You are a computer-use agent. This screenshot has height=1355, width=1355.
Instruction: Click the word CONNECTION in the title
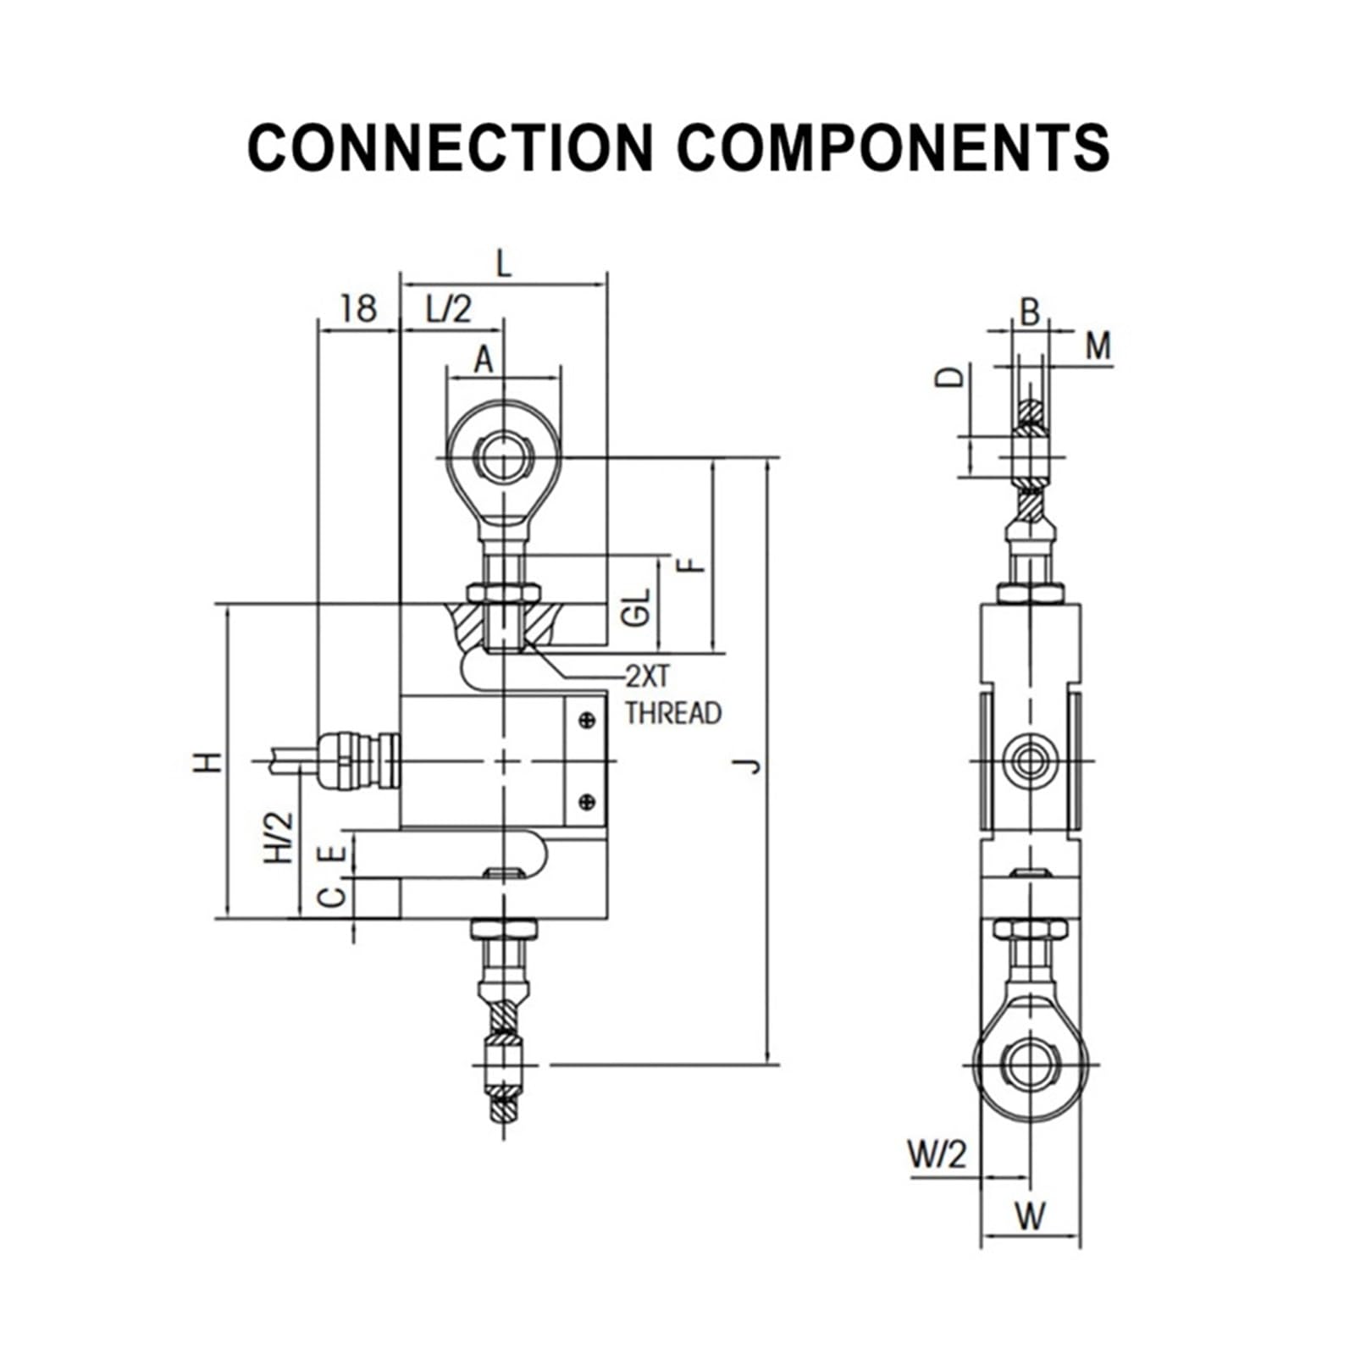450,147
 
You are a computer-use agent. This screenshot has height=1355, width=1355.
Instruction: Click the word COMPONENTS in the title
893,147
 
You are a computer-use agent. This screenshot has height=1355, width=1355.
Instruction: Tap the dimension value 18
358,309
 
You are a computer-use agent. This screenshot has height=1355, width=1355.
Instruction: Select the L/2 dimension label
449,309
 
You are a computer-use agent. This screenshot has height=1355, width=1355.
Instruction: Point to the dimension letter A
483,360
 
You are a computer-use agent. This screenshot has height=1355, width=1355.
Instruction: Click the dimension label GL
636,607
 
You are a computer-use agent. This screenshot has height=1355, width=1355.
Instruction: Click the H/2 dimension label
279,838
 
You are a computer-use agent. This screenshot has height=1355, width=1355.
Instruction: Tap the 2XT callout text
648,676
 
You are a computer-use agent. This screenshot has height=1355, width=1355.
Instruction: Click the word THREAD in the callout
673,713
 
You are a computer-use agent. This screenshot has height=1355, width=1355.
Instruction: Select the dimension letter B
1029,312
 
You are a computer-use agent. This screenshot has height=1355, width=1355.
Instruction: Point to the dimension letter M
1098,346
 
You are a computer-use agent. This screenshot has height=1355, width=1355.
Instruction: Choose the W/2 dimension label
937,1153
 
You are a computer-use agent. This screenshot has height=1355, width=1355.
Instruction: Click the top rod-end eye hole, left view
503,458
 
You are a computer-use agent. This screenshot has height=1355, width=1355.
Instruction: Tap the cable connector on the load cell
357,760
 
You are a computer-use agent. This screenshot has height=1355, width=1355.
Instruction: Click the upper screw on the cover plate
587,721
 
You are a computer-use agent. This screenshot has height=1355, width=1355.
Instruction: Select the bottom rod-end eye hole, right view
1030,1064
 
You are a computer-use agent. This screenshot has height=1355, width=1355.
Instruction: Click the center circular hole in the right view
1030,760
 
